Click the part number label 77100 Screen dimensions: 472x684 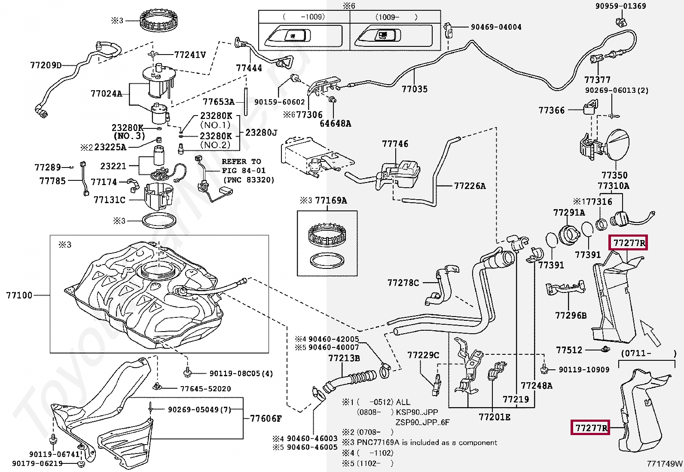pyautogui.click(x=19, y=295)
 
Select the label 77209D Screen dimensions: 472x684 pyautogui.click(x=46, y=66)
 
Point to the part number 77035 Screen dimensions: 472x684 pyautogui.click(x=415, y=89)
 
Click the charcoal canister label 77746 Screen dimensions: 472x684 pyautogui.click(x=395, y=144)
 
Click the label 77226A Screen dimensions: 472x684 pyautogui.click(x=470, y=186)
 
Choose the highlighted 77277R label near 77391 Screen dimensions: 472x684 pyautogui.click(x=629, y=243)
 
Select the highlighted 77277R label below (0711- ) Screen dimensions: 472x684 pyautogui.click(x=591, y=428)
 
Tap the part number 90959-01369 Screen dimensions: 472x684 pyautogui.click(x=626, y=6)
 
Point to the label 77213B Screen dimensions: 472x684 pyautogui.click(x=344, y=358)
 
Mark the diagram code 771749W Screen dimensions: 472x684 pyautogui.click(x=665, y=464)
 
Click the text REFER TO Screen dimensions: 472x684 pyautogui.click(x=241, y=161)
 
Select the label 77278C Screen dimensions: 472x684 pyautogui.click(x=403, y=283)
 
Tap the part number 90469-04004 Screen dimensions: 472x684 pyautogui.click(x=496, y=27)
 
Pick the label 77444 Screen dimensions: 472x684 pyautogui.click(x=249, y=68)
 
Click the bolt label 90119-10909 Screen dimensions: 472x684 pyautogui.click(x=584, y=369)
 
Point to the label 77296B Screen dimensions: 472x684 pyautogui.click(x=571, y=316)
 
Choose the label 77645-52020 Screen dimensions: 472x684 pyautogui.click(x=205, y=389)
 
